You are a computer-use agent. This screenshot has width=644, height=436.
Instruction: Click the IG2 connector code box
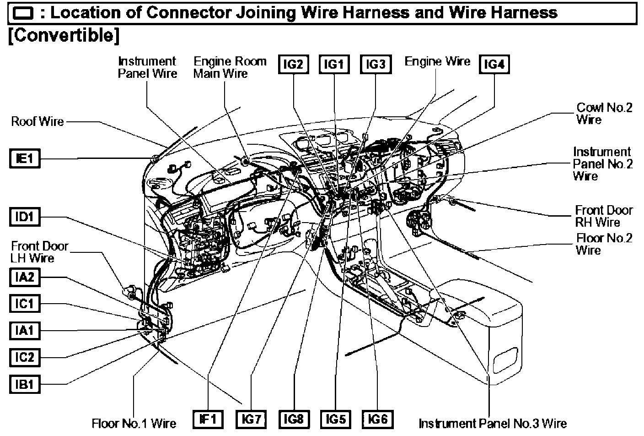click(x=293, y=65)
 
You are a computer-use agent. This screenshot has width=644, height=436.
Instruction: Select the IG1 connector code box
click(x=334, y=65)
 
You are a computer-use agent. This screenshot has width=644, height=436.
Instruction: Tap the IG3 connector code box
click(x=376, y=65)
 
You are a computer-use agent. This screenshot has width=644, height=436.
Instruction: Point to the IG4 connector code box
click(x=494, y=65)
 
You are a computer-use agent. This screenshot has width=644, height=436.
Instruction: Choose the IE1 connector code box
click(x=25, y=159)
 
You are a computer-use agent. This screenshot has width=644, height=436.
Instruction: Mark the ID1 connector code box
click(x=25, y=217)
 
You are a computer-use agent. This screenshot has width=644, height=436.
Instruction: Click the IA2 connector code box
click(x=25, y=278)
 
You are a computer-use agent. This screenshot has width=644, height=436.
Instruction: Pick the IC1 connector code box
click(x=25, y=304)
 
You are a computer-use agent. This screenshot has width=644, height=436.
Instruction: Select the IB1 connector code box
click(x=25, y=384)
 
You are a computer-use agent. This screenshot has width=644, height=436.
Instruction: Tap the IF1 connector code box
click(x=208, y=419)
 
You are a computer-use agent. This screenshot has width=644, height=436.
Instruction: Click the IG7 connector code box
click(x=251, y=419)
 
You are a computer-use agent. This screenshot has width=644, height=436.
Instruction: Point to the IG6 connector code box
click(x=377, y=419)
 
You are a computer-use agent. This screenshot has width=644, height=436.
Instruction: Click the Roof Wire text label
click(x=38, y=121)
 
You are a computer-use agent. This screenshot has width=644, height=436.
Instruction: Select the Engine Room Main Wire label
click(x=230, y=68)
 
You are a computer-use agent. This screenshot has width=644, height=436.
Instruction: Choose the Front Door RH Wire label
click(x=604, y=216)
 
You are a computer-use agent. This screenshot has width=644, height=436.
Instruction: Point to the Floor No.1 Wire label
click(x=134, y=423)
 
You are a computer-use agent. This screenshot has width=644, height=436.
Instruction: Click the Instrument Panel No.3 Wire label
click(x=493, y=423)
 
